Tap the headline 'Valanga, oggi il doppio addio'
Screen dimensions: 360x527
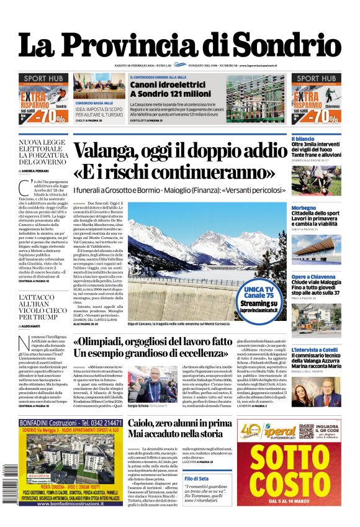point(187,151)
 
